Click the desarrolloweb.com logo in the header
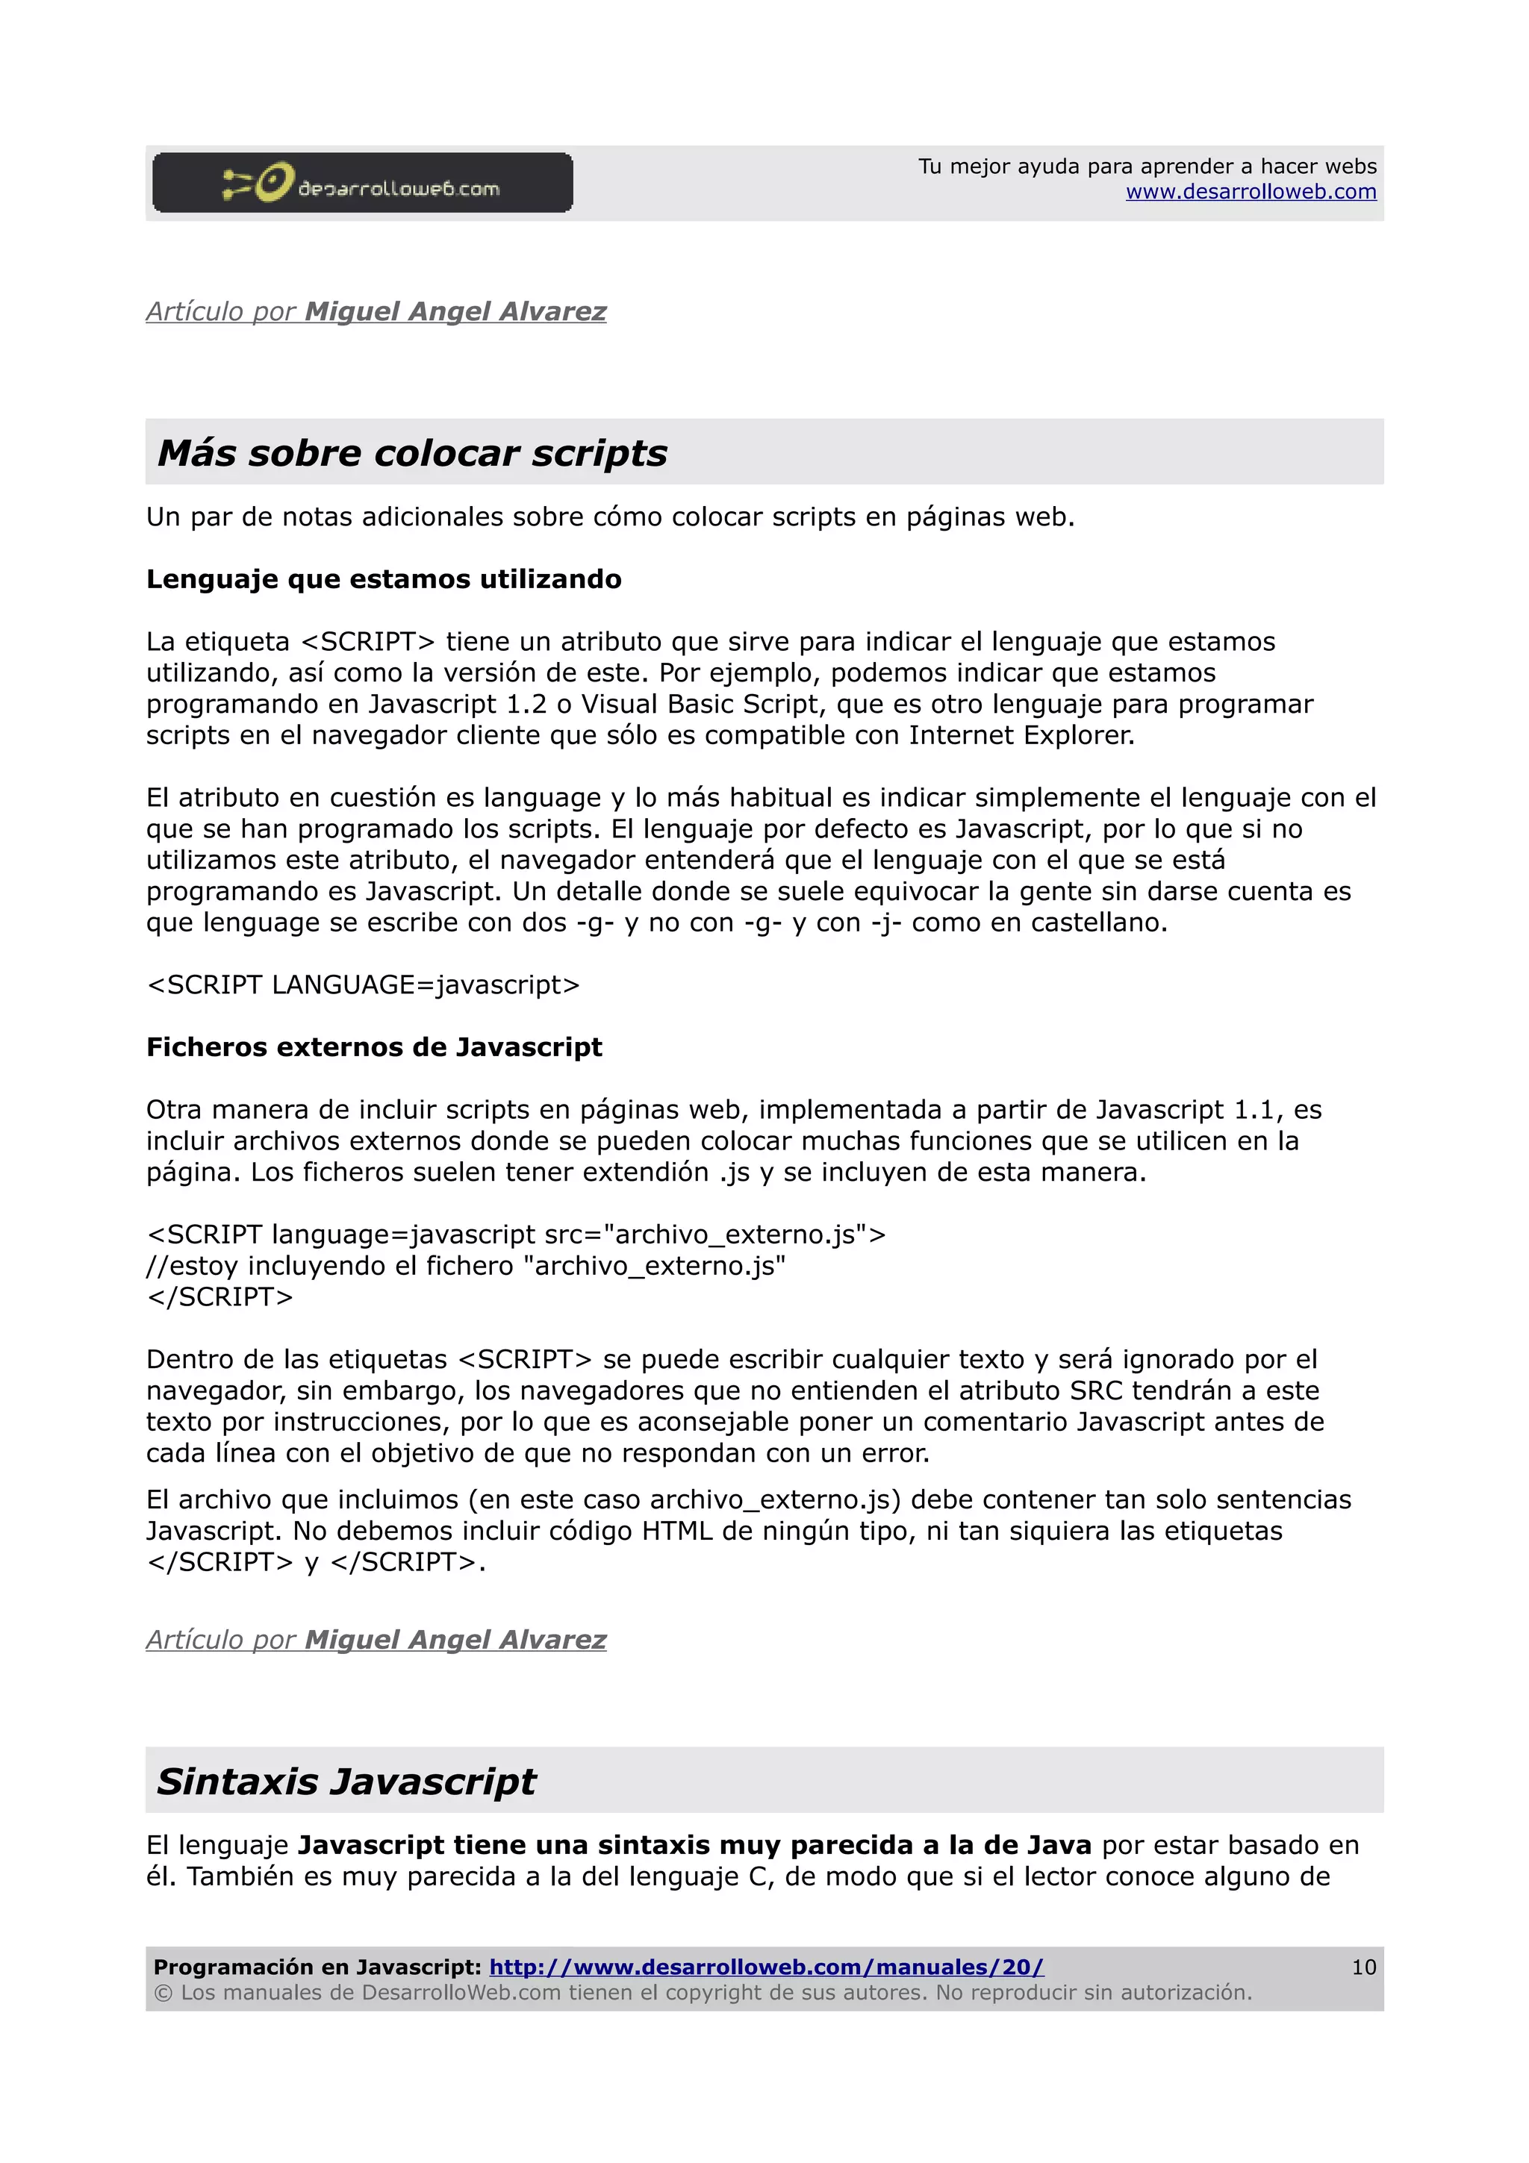point(362,183)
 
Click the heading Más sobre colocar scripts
point(411,453)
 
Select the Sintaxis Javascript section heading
point(346,1782)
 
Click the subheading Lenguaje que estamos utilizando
point(384,579)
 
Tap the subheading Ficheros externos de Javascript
point(374,1048)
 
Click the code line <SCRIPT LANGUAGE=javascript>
point(364,984)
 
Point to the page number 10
point(1363,1967)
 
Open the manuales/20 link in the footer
point(766,1967)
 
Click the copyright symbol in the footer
point(163,1993)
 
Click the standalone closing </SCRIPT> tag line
point(220,1297)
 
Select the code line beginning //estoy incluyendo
point(465,1266)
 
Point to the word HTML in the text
point(676,1531)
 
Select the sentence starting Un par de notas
point(609,517)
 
